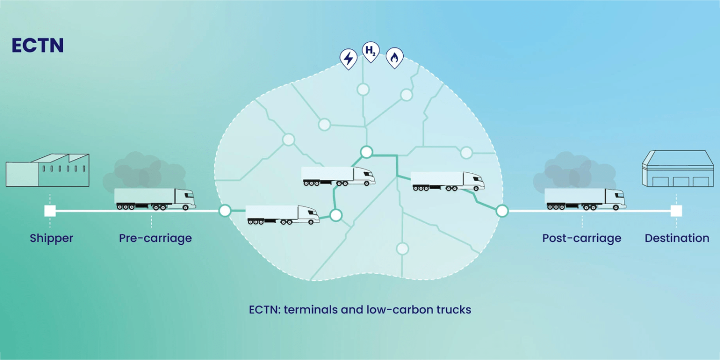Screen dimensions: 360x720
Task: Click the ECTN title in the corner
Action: (x=38, y=46)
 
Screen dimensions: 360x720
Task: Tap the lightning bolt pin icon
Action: (x=349, y=59)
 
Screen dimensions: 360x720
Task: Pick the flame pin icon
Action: (x=394, y=58)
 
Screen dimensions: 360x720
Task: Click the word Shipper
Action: (x=51, y=238)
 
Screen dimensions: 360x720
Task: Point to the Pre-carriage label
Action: (x=155, y=238)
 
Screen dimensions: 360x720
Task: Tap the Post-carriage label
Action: (x=582, y=238)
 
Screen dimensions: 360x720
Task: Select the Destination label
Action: (x=677, y=238)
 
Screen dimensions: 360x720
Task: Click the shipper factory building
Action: (x=47, y=170)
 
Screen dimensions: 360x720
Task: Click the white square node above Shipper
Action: (x=50, y=211)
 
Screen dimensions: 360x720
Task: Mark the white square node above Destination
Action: (x=676, y=211)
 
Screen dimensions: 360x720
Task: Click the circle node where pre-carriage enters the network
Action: (x=225, y=211)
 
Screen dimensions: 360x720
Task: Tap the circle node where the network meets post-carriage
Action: (x=502, y=211)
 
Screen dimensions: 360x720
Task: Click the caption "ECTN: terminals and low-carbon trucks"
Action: (x=360, y=310)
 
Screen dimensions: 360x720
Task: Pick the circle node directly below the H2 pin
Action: (x=364, y=89)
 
